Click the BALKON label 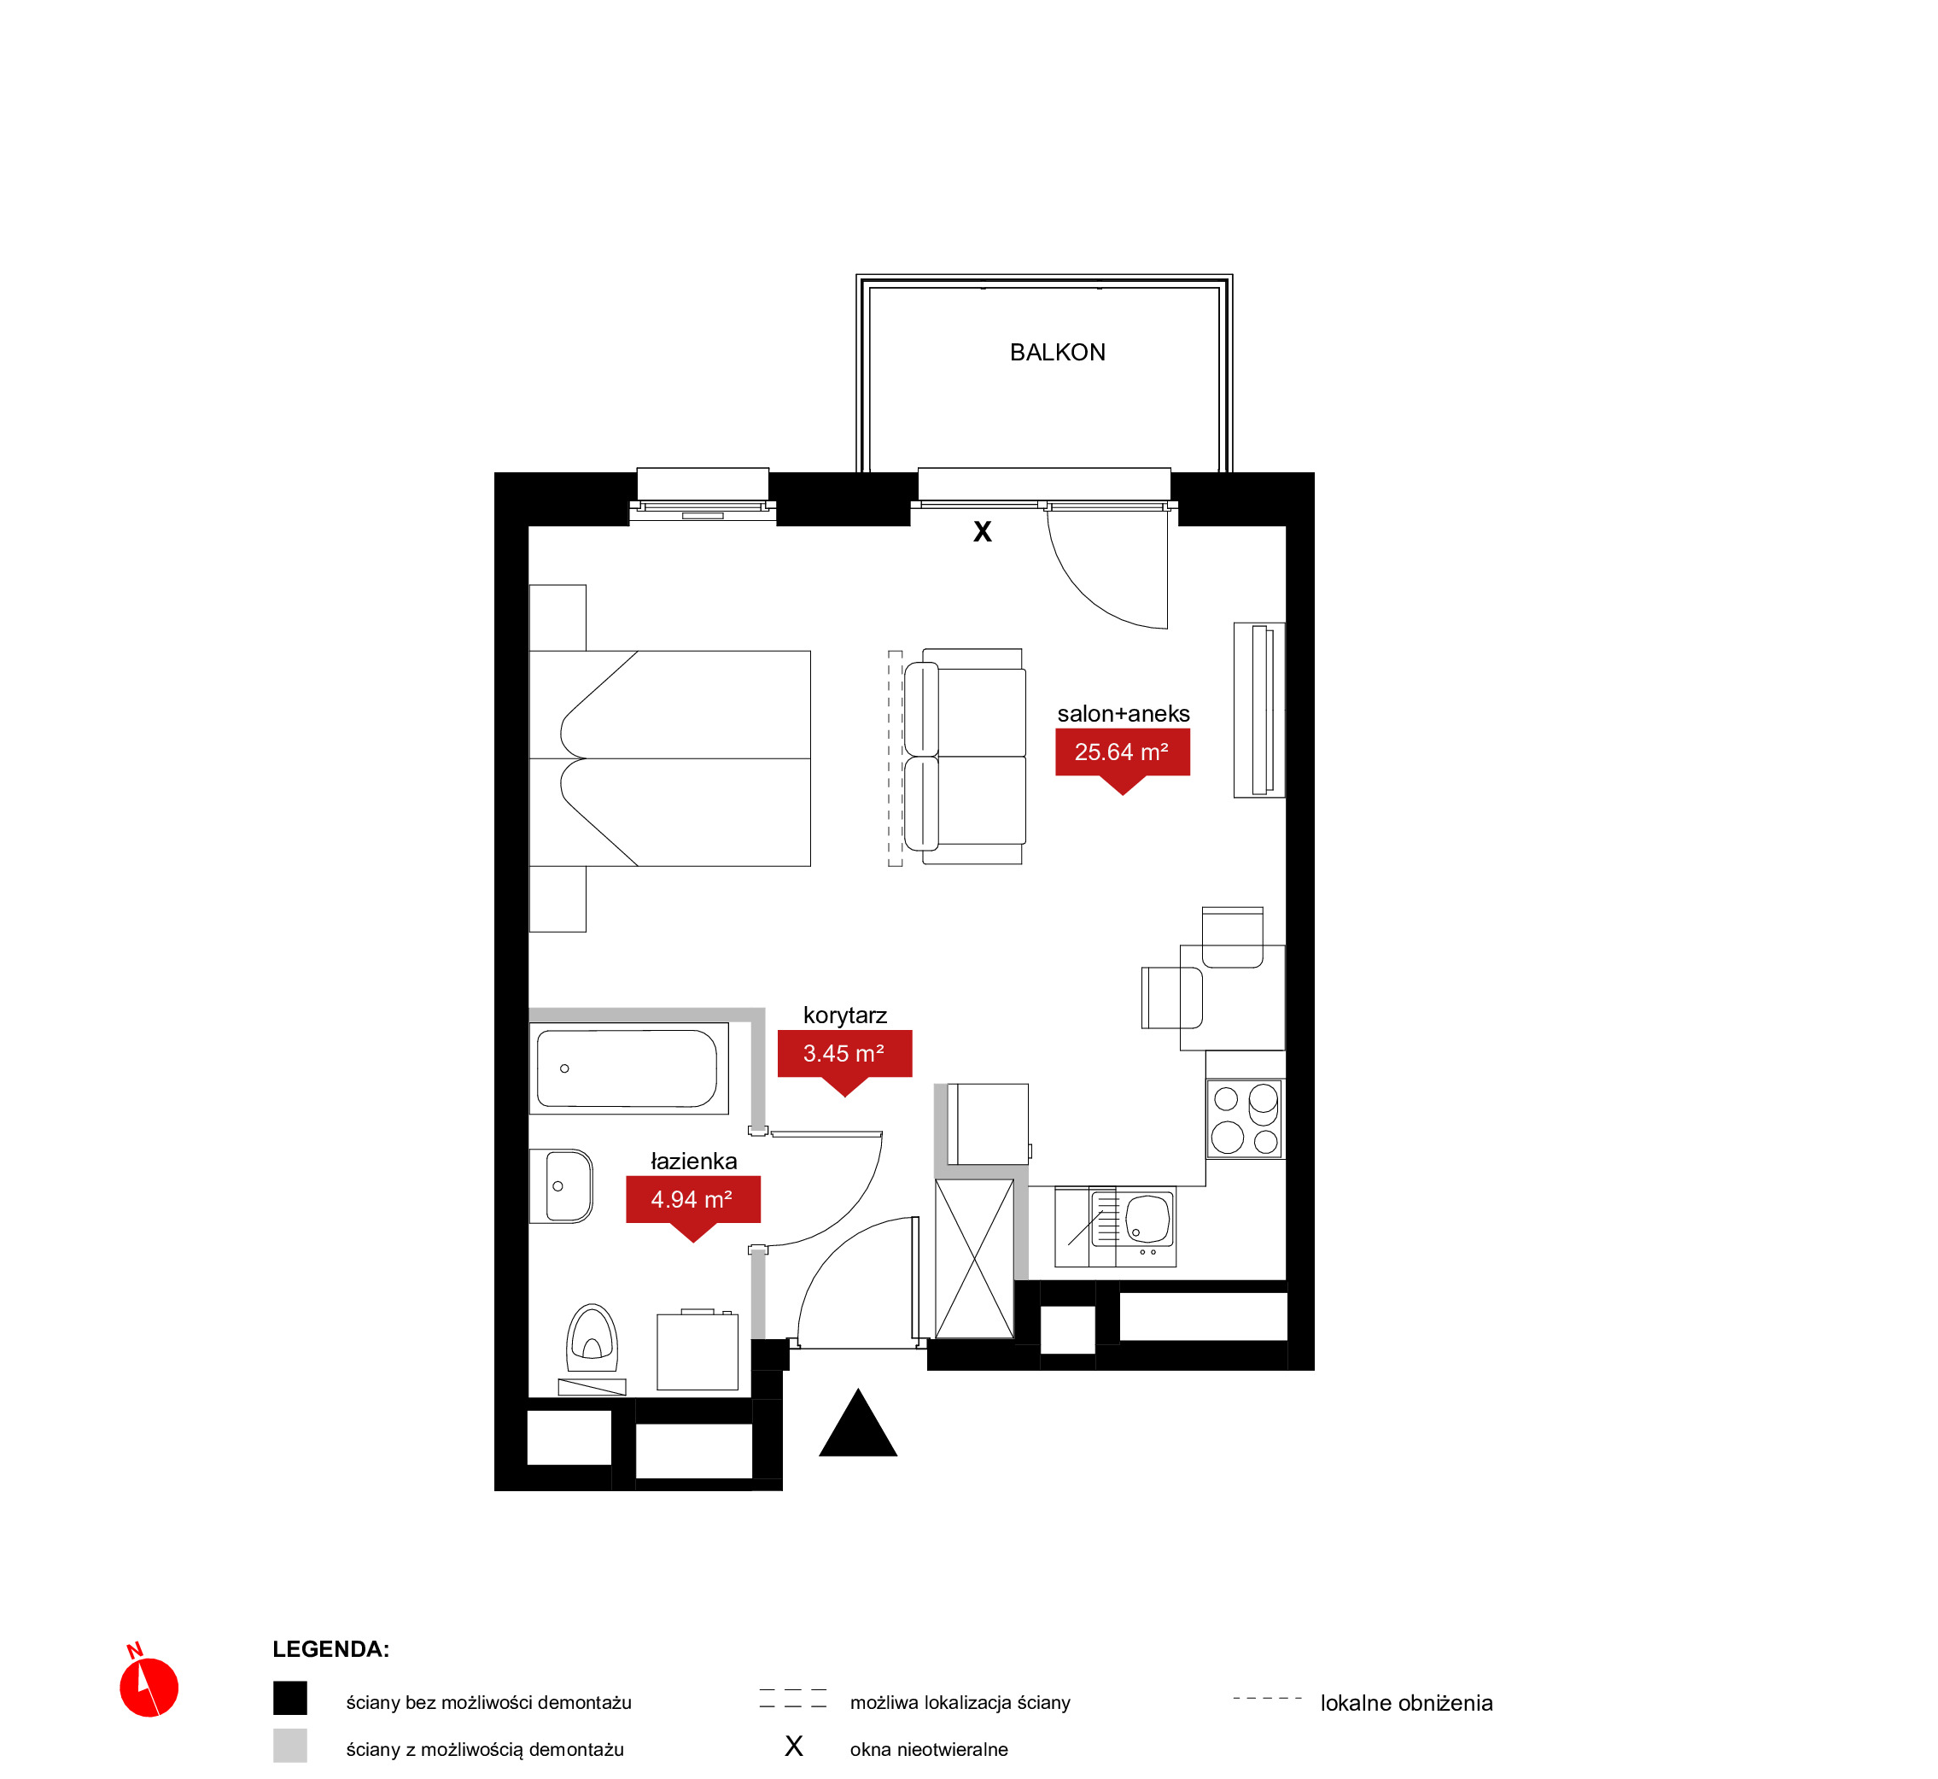[1057, 353]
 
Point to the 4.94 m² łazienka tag [693, 1202]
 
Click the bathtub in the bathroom [628, 1068]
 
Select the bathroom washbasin [561, 1186]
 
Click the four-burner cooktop [1245, 1119]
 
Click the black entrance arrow [857, 1423]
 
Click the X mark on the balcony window [982, 531]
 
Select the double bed [669, 758]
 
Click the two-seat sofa [964, 757]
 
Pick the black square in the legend [289, 1698]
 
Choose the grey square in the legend [289, 1746]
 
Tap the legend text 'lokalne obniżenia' [1406, 1703]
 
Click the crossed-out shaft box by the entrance [974, 1258]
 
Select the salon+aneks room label [1123, 713]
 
